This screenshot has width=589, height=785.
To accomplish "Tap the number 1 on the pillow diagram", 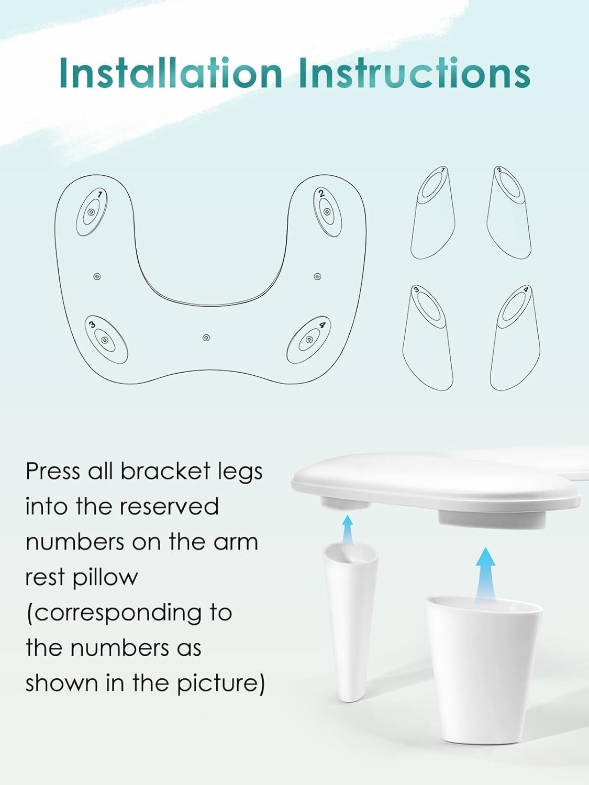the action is point(100,195).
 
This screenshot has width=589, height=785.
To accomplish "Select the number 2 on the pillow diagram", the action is point(321,194).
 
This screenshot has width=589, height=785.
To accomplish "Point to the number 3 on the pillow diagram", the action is point(92,324).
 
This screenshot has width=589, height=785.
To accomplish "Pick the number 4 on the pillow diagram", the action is point(322,325).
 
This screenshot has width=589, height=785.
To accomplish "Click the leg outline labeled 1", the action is point(433,213).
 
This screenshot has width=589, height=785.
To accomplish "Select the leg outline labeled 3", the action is point(428,338).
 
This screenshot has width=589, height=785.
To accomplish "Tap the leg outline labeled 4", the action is point(515,338).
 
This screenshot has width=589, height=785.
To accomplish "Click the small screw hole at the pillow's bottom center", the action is point(206,338).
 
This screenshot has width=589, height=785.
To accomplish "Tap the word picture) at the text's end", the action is point(221,683).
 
